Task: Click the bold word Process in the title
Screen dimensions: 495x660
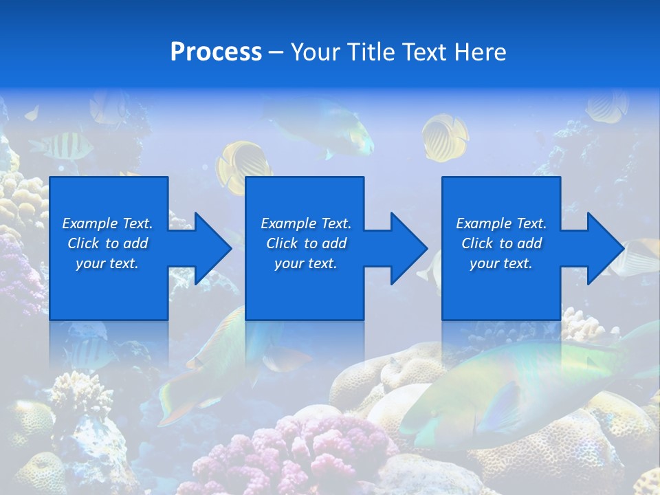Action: tap(216, 52)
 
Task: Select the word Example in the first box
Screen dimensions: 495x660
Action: tap(89, 223)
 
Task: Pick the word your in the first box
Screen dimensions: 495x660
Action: tap(90, 264)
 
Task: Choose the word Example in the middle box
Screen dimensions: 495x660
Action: tap(288, 223)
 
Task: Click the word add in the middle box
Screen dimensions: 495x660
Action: tap(334, 243)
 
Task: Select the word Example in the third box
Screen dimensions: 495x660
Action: tap(483, 223)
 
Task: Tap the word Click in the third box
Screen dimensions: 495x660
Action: tap(478, 243)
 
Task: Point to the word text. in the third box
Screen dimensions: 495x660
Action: tap(518, 264)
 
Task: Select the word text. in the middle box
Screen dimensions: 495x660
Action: tap(323, 264)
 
